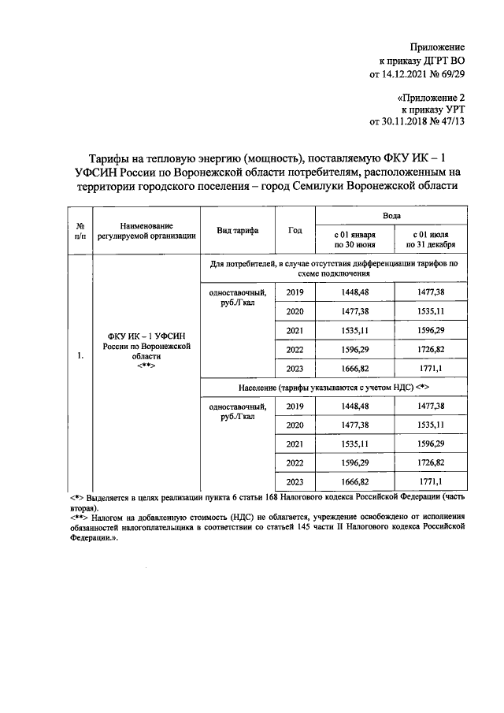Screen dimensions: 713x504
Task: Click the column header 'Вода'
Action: tap(391, 214)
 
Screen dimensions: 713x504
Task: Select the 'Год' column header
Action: tap(295, 230)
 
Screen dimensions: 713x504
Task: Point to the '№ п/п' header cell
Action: tap(80, 230)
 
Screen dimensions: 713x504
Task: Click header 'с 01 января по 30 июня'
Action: tap(354, 240)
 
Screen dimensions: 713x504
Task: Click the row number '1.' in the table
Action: tap(80, 355)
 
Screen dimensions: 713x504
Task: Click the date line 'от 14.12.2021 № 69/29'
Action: tap(417, 75)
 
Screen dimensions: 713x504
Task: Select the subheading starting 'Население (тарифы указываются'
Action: tap(334, 388)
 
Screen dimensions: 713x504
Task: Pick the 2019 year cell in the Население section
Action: tap(295, 406)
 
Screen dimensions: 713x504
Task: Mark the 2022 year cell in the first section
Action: tap(295, 349)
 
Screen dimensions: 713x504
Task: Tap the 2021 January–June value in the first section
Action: tap(354, 330)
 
